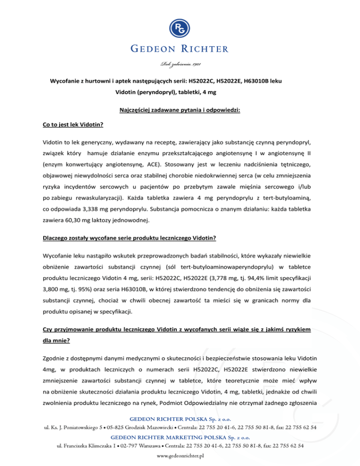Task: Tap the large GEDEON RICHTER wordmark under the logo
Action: click(180, 49)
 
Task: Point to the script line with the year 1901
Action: click(180, 64)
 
